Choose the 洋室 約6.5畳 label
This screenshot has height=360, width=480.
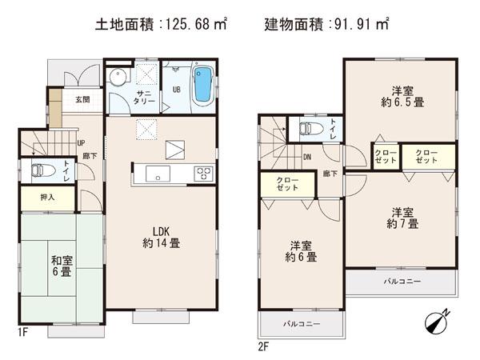pos(402,96)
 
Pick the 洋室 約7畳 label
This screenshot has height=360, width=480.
pos(402,218)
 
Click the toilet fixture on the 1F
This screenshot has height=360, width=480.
pos(40,169)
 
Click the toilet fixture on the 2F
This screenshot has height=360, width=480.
pos(305,127)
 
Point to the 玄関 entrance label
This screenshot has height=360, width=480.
pos(82,100)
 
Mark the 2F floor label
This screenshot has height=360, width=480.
pos(265,346)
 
